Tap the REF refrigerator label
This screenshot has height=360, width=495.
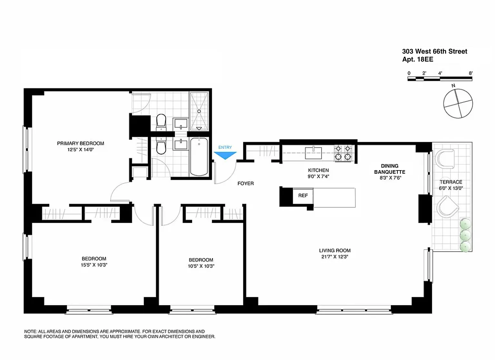(303, 195)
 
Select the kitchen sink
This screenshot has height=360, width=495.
(313, 153)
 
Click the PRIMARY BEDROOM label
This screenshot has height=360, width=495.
(81, 143)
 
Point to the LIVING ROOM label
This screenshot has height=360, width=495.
(335, 250)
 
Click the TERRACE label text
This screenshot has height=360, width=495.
(451, 182)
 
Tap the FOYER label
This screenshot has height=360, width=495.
(246, 183)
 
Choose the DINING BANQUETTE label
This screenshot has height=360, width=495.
(390, 169)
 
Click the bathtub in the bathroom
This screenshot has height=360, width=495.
(199, 157)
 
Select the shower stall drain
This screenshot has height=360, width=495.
(199, 112)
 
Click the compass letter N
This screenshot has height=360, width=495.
(453, 85)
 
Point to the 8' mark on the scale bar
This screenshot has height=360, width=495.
(471, 73)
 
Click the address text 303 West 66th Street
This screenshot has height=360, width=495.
(434, 52)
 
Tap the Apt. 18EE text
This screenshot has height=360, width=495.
(418, 59)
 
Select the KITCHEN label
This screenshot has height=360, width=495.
(318, 170)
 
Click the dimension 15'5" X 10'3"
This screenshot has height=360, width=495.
(94, 265)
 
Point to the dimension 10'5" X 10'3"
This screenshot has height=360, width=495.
(201, 266)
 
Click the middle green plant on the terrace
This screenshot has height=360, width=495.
(465, 235)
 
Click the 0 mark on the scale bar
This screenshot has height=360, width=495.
(409, 73)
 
